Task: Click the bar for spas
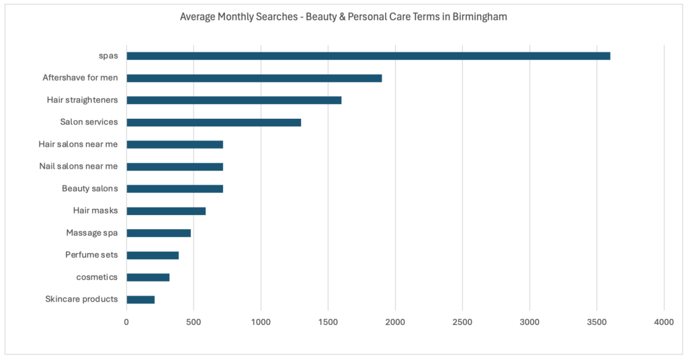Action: tap(368, 56)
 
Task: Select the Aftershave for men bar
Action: tap(254, 78)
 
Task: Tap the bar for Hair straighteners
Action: tap(234, 100)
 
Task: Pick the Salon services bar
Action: tap(214, 122)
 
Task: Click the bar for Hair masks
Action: tap(166, 211)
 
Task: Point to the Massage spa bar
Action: tap(159, 233)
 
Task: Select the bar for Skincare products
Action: tap(140, 300)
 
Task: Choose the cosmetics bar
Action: tap(148, 277)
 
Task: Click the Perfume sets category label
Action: tap(91, 255)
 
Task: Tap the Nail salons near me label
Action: tap(79, 166)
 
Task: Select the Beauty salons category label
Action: tap(90, 189)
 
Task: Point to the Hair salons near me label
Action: tap(79, 144)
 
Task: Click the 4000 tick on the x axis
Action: tap(664, 322)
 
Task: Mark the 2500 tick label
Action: tap(462, 322)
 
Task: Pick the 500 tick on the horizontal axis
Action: tap(193, 322)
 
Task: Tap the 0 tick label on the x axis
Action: tap(126, 322)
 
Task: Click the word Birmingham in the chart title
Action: tap(478, 16)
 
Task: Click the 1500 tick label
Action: tap(328, 322)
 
